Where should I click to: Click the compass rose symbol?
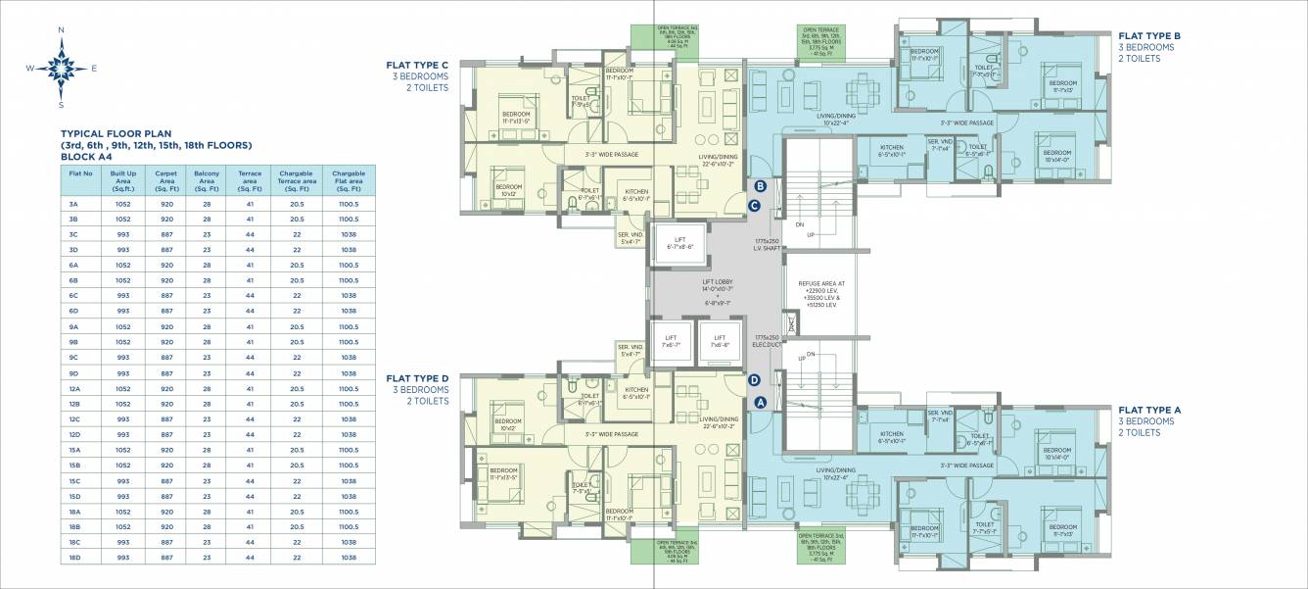[x=61, y=68]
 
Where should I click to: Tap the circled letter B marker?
[x=761, y=186]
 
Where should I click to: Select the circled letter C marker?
[x=754, y=205]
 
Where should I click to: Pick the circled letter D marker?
[x=754, y=380]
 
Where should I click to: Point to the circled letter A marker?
[x=761, y=400]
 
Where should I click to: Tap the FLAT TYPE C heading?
[x=417, y=66]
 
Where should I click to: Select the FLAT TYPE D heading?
[x=417, y=378]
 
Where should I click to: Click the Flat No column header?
[x=80, y=172]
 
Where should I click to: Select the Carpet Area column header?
[x=164, y=176]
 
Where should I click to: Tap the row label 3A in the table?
[x=73, y=204]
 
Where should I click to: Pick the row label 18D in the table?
[x=73, y=557]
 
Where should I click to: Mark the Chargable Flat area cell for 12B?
[x=349, y=404]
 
